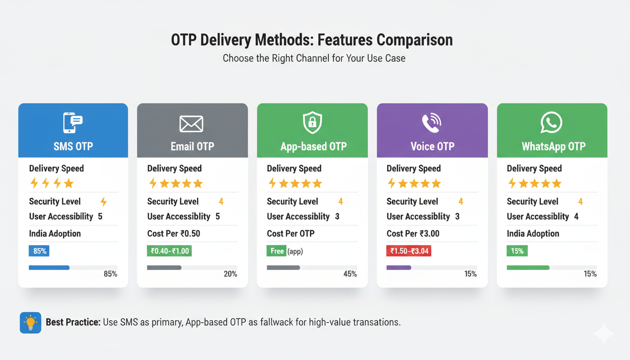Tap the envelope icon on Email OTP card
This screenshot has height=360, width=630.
(x=191, y=124)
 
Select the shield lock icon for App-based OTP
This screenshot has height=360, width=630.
(x=313, y=123)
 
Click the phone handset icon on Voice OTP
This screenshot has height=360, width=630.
(x=432, y=123)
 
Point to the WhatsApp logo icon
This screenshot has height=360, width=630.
(x=551, y=123)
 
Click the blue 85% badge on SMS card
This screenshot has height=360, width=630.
(x=39, y=251)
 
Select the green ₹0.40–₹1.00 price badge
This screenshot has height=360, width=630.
(x=169, y=251)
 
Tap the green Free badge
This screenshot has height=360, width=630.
(x=277, y=251)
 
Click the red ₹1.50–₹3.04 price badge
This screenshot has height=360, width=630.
(x=408, y=251)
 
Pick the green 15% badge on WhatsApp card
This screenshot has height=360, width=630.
(x=517, y=251)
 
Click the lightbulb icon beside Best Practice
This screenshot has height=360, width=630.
(x=30, y=322)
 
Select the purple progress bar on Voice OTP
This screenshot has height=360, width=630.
(x=398, y=268)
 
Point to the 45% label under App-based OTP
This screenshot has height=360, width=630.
(x=350, y=274)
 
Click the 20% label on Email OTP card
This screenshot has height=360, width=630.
(x=230, y=274)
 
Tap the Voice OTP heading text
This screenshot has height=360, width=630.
(x=432, y=146)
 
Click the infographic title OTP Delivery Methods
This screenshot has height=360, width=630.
(x=312, y=40)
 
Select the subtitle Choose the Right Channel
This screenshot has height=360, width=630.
(x=314, y=59)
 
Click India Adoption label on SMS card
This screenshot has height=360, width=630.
(x=55, y=233)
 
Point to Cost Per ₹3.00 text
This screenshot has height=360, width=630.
(x=413, y=233)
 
